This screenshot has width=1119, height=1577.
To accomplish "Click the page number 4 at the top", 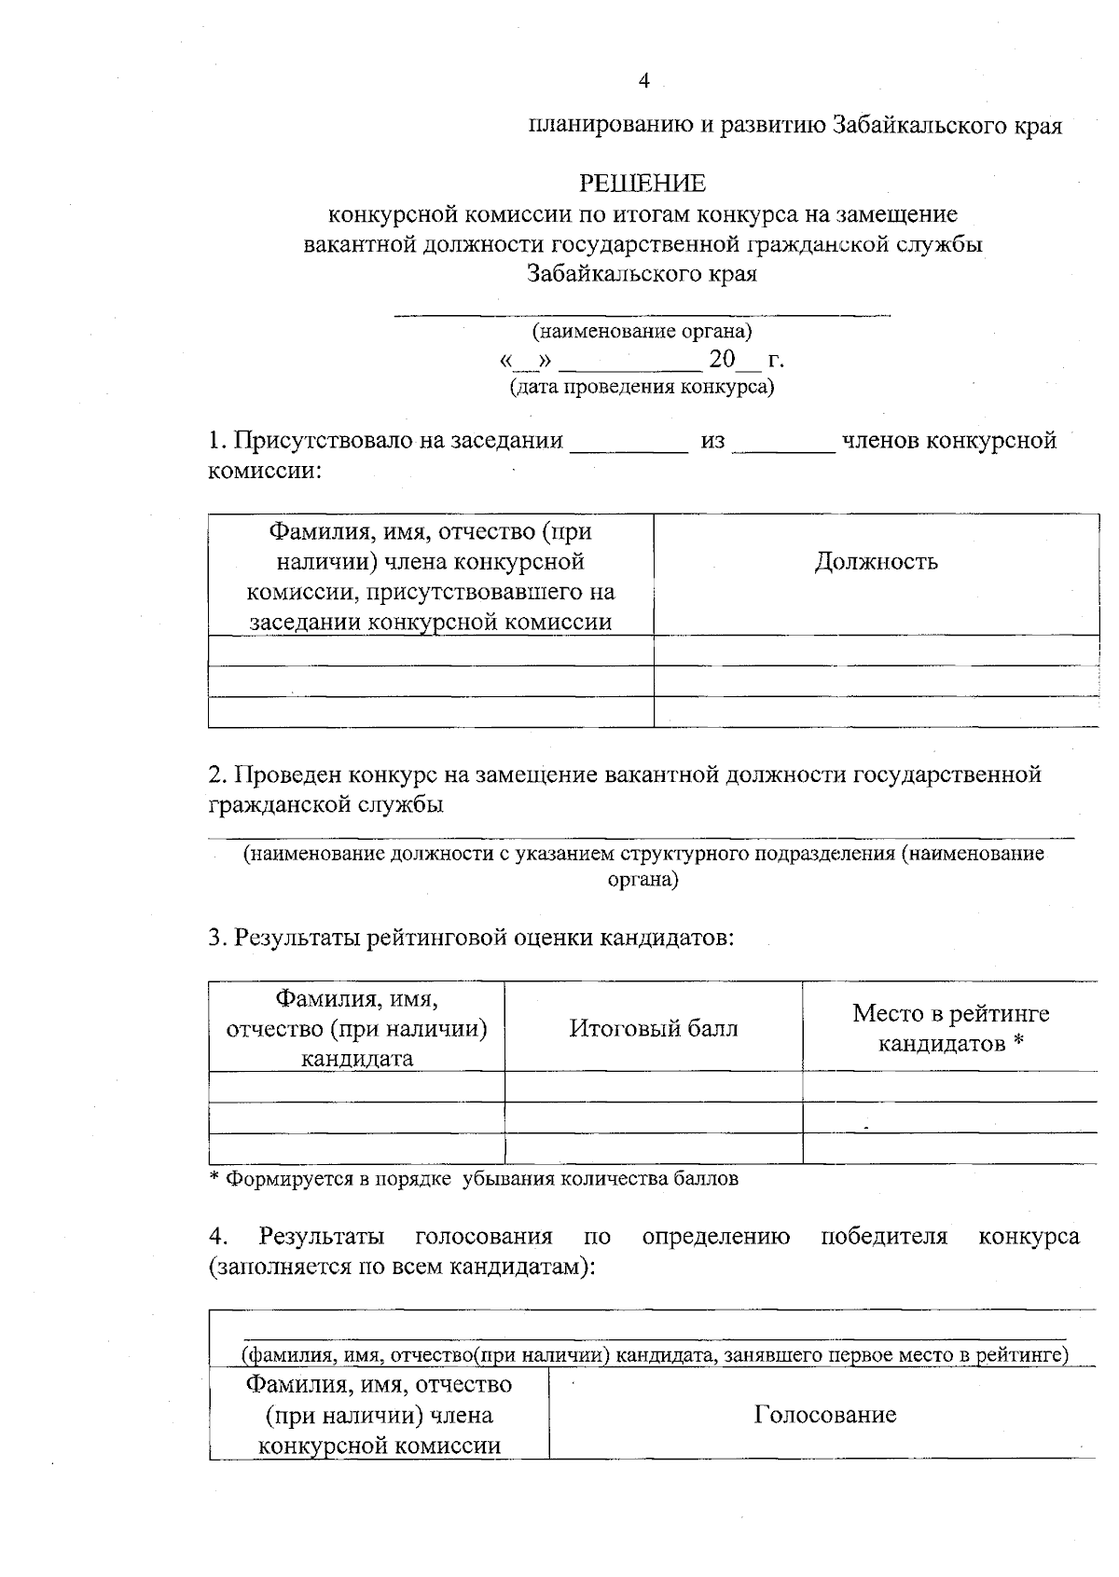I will (x=643, y=81).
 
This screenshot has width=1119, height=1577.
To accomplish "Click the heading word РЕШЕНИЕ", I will (x=642, y=183).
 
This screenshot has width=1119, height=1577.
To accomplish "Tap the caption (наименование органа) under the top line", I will (x=642, y=331).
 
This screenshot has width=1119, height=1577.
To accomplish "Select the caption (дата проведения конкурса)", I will (x=642, y=386).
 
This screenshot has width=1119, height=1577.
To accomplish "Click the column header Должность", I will (x=876, y=561).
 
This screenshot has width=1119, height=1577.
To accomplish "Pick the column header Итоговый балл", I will (x=653, y=1028).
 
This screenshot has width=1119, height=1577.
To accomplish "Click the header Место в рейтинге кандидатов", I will (x=950, y=1028).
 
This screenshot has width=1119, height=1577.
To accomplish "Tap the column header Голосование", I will (x=824, y=1415).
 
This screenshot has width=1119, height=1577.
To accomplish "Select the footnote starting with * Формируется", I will (x=474, y=1179).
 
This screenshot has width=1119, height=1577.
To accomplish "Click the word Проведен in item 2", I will (x=288, y=775).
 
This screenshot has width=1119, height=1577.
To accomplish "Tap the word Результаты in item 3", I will (x=297, y=937).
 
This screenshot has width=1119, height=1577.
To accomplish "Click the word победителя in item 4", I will (x=883, y=1237).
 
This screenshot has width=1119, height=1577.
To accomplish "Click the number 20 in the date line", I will (x=722, y=359).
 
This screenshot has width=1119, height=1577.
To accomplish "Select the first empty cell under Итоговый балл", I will (x=653, y=1087).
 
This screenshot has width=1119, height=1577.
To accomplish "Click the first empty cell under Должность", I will (x=876, y=651).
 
